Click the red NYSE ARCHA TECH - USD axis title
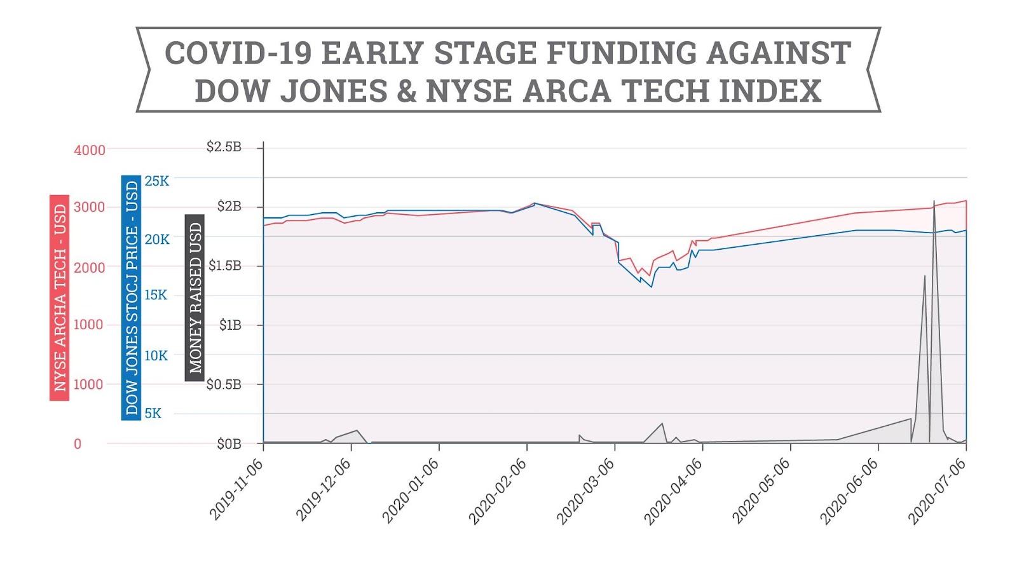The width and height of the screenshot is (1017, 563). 60,297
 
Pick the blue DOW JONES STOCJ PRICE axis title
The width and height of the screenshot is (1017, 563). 132,297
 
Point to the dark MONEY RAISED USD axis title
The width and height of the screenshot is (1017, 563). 195,297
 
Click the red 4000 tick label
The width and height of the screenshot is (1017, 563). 90,151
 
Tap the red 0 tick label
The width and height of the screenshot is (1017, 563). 78,444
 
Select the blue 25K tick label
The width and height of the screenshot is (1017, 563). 157,181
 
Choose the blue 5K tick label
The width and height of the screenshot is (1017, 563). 153,414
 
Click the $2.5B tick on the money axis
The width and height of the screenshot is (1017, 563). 224,147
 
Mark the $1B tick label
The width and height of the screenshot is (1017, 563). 230,325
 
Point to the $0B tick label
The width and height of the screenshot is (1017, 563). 229,444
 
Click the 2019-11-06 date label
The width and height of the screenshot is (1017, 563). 236,489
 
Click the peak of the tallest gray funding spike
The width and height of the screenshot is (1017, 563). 934,201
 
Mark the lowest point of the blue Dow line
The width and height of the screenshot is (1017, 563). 652,287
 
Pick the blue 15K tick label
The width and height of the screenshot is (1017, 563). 156,295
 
